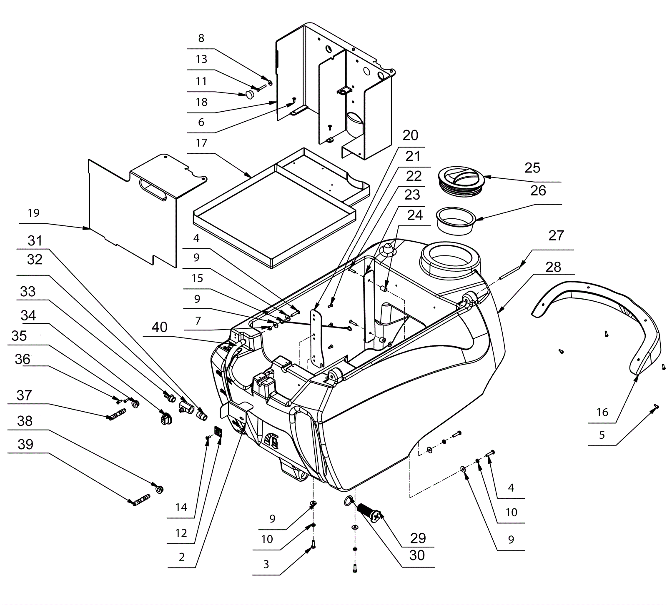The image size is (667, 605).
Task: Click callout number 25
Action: [x=532, y=168]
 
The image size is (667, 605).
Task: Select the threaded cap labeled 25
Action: [x=461, y=180]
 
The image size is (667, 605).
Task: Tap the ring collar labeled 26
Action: [x=456, y=222]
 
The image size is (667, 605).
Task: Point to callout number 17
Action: [x=201, y=143]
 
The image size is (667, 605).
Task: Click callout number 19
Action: [x=33, y=213]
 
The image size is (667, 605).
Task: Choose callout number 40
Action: [x=160, y=327]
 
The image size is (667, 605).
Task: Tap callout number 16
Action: [x=602, y=412]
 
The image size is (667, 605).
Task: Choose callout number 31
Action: [x=35, y=241]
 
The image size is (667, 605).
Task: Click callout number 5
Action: [x=602, y=435]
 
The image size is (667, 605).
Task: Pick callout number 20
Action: [x=410, y=135]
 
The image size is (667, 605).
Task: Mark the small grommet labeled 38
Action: [x=159, y=488]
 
